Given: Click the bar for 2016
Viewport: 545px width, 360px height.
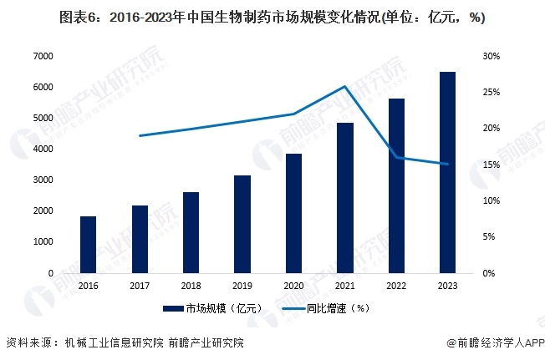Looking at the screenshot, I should pos(89,245).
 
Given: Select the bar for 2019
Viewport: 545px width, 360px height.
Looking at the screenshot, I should pos(242,224).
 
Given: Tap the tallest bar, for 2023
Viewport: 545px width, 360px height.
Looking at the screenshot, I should pos(447,172).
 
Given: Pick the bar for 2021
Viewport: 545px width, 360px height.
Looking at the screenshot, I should pos(344,198).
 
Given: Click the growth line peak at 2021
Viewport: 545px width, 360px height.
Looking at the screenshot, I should pos(344,86).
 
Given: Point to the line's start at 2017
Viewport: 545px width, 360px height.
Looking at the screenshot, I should pos(140,135).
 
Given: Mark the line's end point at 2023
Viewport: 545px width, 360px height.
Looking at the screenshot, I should pos(447,164).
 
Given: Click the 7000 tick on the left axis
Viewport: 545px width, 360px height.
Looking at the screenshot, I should pos(43,56).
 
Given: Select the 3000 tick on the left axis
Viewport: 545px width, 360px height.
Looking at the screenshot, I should pos(43,180).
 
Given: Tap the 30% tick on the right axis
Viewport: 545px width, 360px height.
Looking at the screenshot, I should pos(491,56).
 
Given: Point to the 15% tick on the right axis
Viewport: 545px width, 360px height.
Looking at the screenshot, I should pos(491,165).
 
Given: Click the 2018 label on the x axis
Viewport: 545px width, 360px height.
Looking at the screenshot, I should pos(191,284).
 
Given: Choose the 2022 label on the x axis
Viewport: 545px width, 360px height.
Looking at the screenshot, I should pos(396,284).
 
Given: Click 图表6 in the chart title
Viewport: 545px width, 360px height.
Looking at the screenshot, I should pos(78,18).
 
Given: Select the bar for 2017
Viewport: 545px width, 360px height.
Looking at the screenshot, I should pos(140,239).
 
